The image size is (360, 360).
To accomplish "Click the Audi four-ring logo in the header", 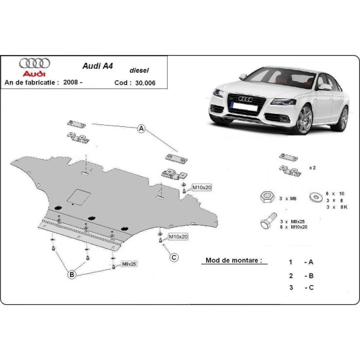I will coord(33,63).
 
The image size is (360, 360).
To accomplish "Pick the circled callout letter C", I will coord(174,257).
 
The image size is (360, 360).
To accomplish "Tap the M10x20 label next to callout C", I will coord(177,236).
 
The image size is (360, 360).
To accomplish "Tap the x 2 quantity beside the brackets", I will coord(313,168).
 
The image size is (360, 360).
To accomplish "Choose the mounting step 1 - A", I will coord(300,262).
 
